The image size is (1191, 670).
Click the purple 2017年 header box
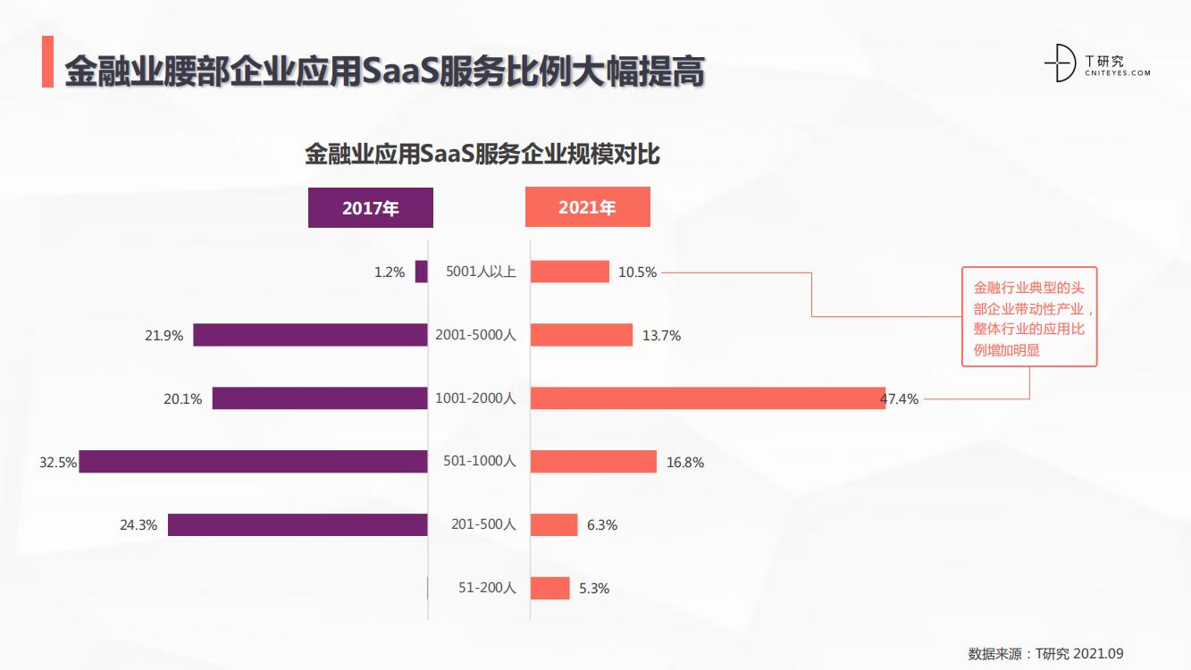click(370, 208)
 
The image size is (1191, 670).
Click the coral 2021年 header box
click(587, 207)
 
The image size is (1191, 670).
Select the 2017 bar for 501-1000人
click(253, 462)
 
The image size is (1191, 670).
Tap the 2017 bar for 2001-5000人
click(310, 335)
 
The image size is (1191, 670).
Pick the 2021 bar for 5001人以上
click(569, 272)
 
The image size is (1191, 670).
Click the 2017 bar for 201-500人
click(298, 524)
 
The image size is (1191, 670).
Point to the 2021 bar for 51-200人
click(549, 588)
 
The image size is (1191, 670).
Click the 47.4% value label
click(901, 399)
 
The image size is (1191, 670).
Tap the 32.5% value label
click(57, 463)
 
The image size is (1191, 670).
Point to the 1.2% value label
click(390, 272)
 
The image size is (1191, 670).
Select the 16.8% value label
click(685, 463)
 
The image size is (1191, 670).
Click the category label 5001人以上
click(481, 272)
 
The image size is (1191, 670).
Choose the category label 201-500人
click(483, 524)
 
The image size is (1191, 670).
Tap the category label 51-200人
click(487, 588)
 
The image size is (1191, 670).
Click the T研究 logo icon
click(1061, 63)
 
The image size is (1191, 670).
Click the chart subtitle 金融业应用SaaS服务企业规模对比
click(482, 155)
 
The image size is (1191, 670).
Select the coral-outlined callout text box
click(1028, 316)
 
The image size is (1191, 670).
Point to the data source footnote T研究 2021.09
click(1045, 653)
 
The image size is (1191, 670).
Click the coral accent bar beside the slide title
click(47, 62)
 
